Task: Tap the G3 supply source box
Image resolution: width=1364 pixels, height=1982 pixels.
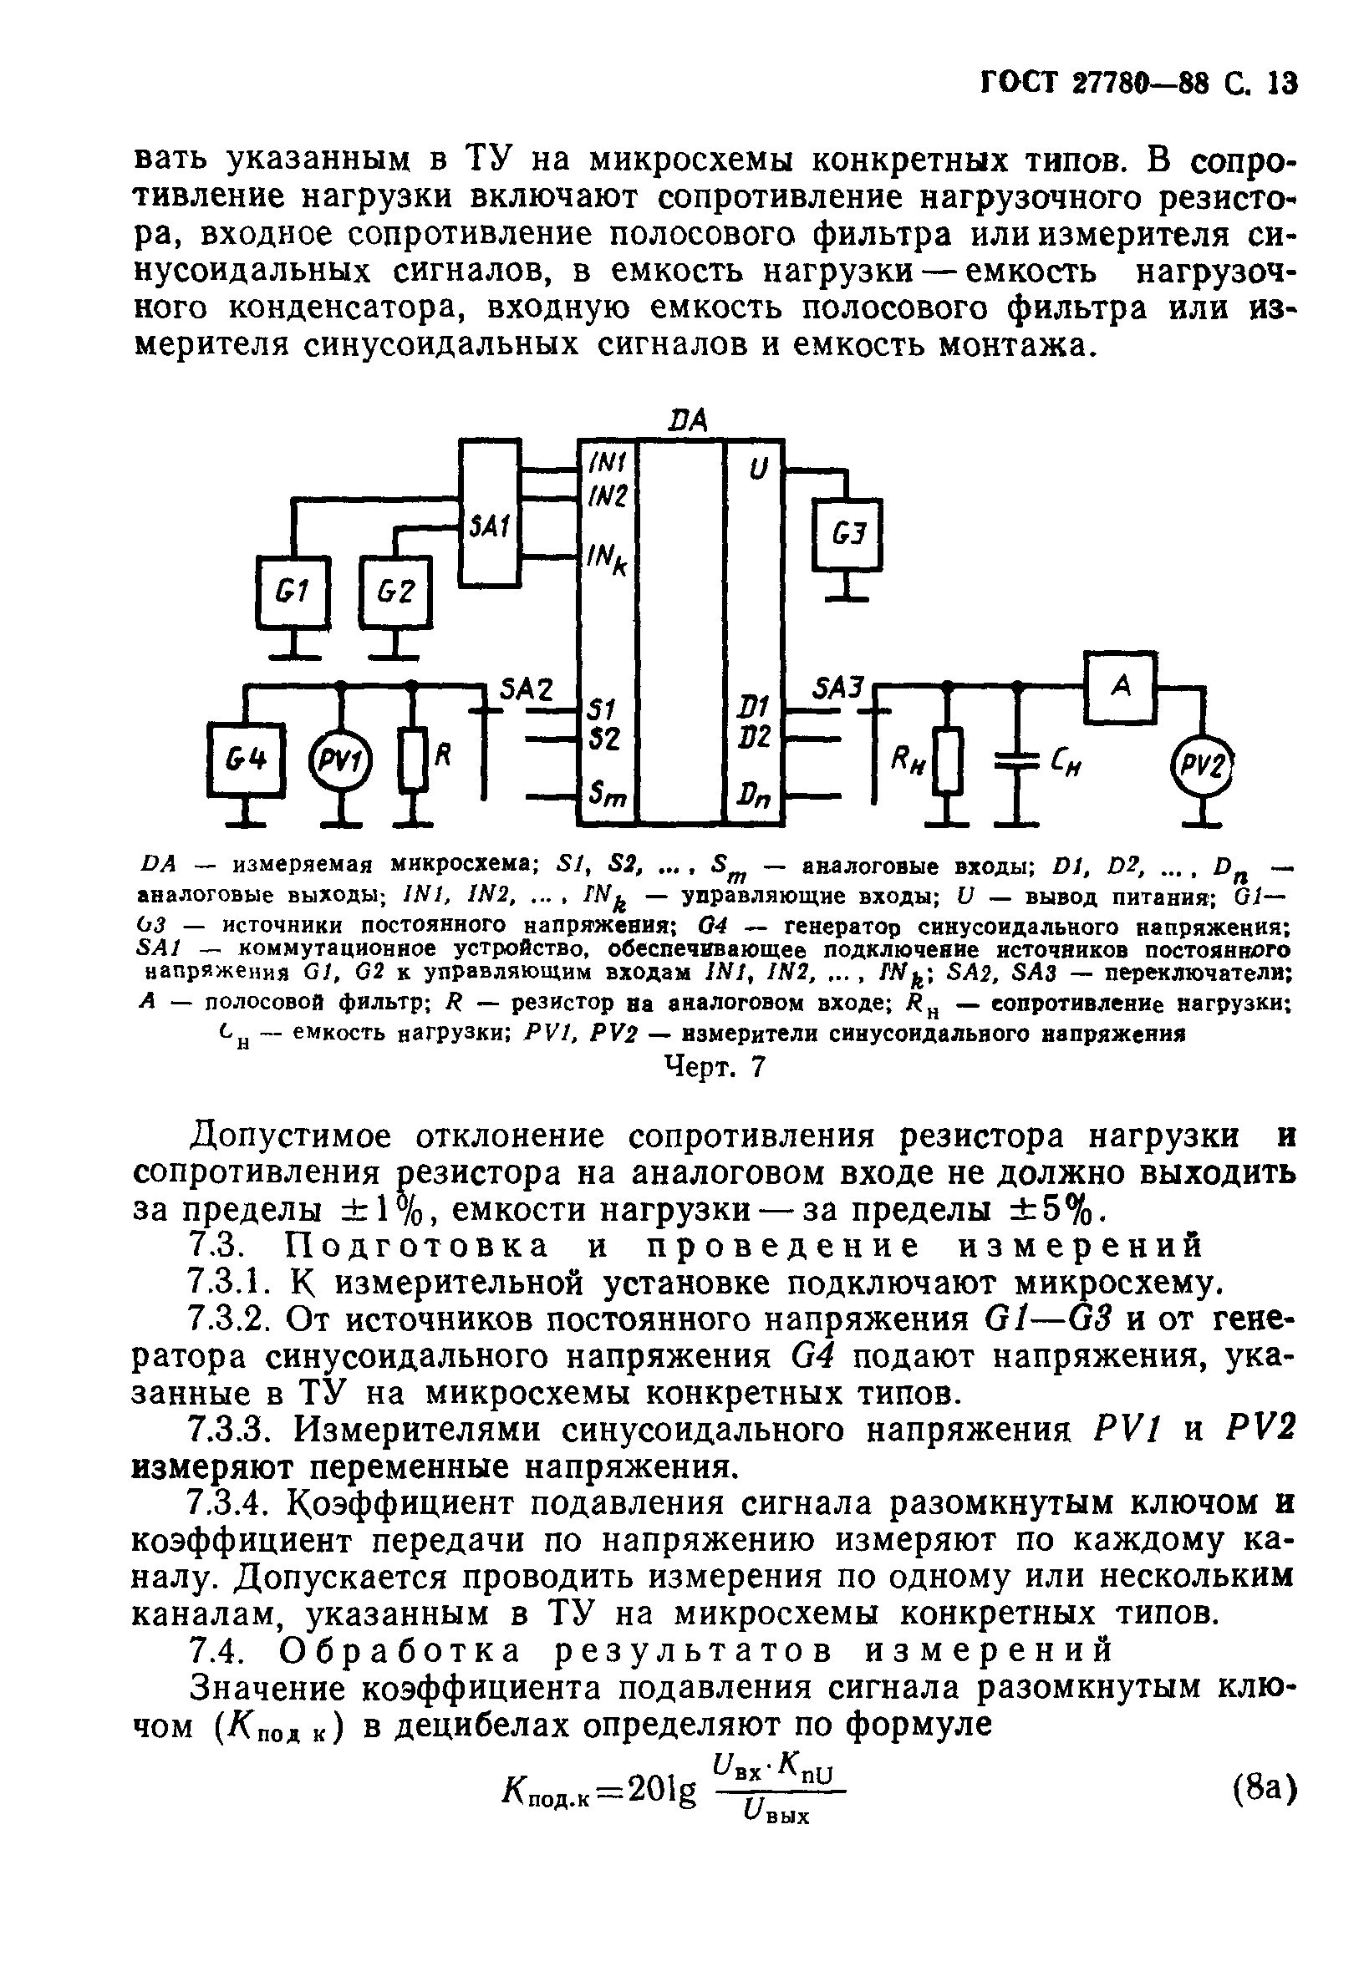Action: point(846,536)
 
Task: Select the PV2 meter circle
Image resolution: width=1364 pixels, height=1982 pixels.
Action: point(1204,763)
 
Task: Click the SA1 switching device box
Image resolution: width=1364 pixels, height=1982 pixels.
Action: point(490,512)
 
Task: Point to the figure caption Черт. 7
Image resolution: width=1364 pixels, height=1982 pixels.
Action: point(714,1067)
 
